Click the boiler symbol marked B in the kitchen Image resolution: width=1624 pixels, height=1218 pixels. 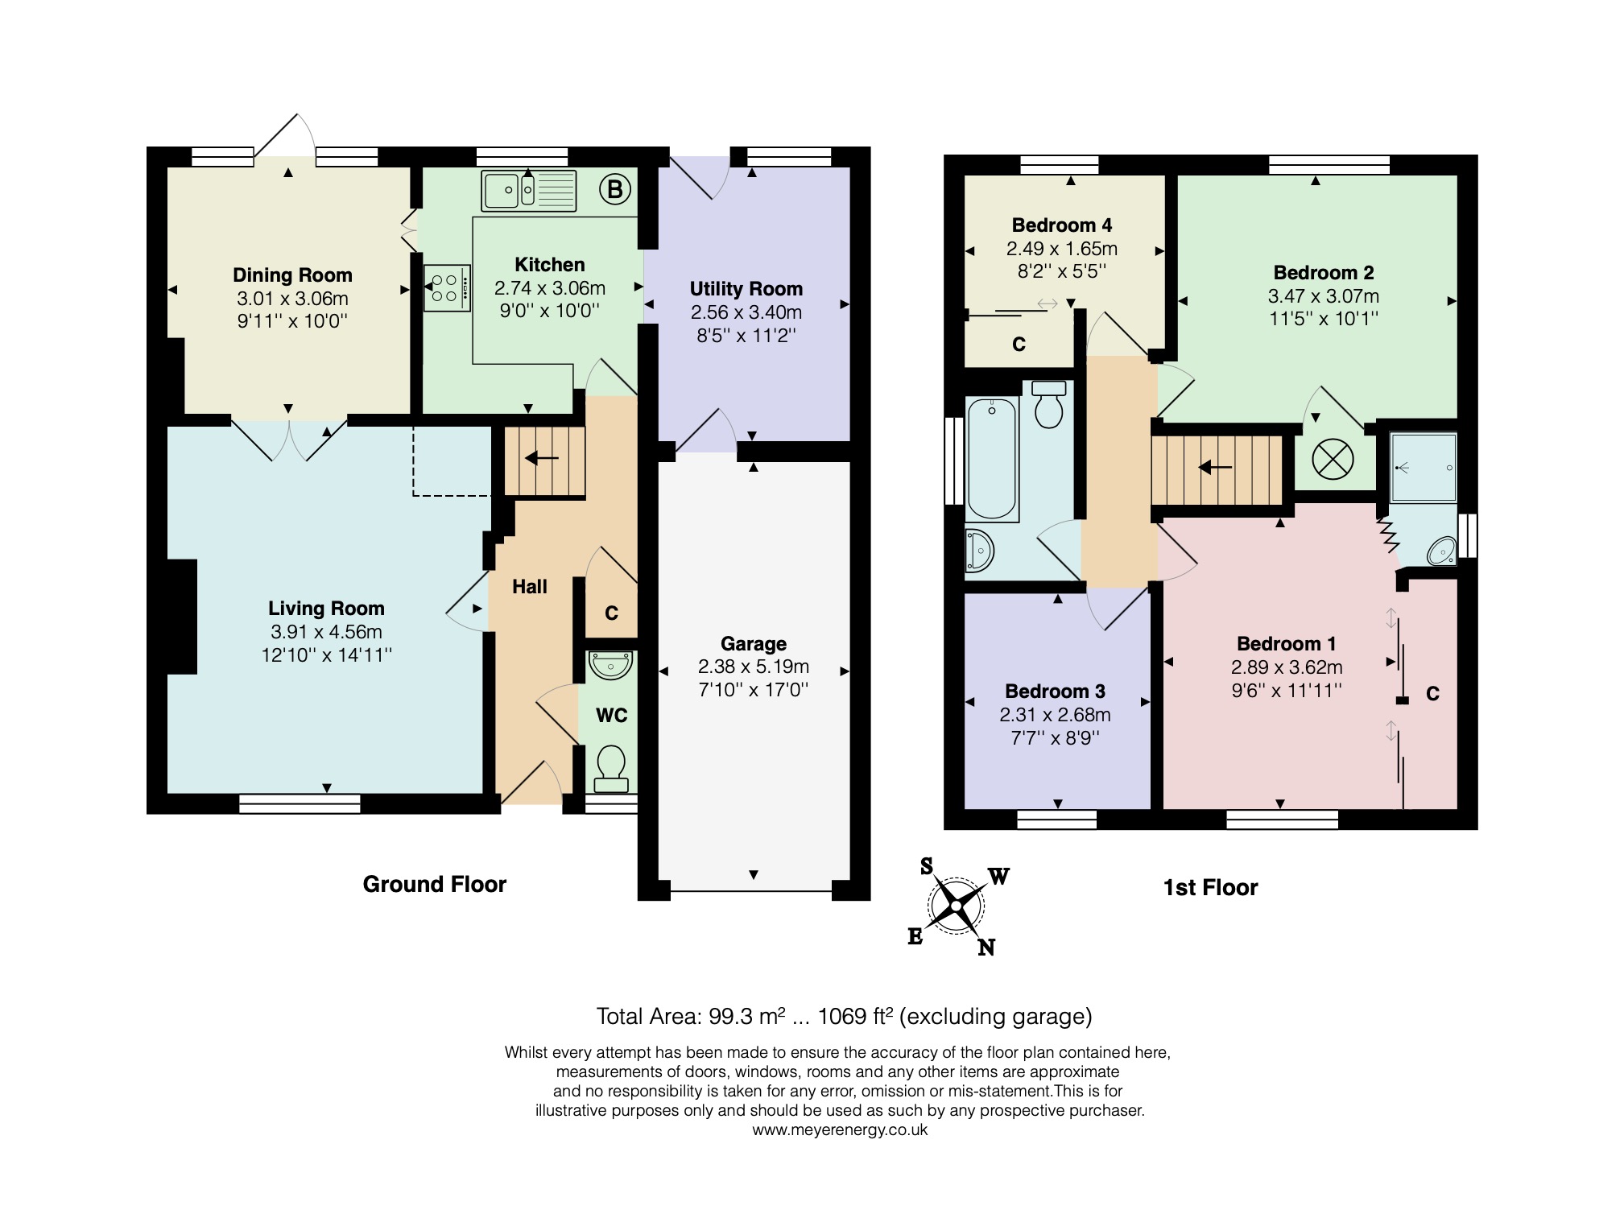pyautogui.click(x=614, y=190)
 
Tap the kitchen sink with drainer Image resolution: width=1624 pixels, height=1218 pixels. pyautogui.click(x=529, y=191)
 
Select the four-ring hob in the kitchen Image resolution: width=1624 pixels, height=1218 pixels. pyautogui.click(x=447, y=288)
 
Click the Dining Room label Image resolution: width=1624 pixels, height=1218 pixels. pyautogui.click(x=292, y=275)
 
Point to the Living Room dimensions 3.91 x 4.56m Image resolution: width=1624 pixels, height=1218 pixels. pyautogui.click(x=326, y=632)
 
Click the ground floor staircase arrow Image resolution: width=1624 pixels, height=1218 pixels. pyautogui.click(x=543, y=459)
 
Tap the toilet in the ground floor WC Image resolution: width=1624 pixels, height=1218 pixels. pyautogui.click(x=611, y=769)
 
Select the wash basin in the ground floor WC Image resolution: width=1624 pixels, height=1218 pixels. pyautogui.click(x=611, y=664)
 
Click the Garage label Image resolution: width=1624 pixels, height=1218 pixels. pyautogui.click(x=754, y=644)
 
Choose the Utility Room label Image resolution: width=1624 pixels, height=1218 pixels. pyautogui.click(x=746, y=289)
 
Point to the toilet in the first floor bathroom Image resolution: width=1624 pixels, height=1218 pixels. pyautogui.click(x=1048, y=404)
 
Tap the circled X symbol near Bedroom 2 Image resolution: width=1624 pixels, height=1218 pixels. pyautogui.click(x=1333, y=460)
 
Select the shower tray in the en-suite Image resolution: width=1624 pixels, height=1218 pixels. pyautogui.click(x=1424, y=468)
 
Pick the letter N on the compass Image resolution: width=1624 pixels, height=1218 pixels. pyautogui.click(x=986, y=948)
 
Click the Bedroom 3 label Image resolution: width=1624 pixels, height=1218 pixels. pyautogui.click(x=1055, y=692)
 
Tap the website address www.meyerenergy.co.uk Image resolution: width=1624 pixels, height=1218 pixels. pyautogui.click(x=840, y=1129)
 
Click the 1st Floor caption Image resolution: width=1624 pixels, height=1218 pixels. pyautogui.click(x=1210, y=888)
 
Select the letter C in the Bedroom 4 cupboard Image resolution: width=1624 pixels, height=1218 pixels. pyautogui.click(x=1019, y=345)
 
